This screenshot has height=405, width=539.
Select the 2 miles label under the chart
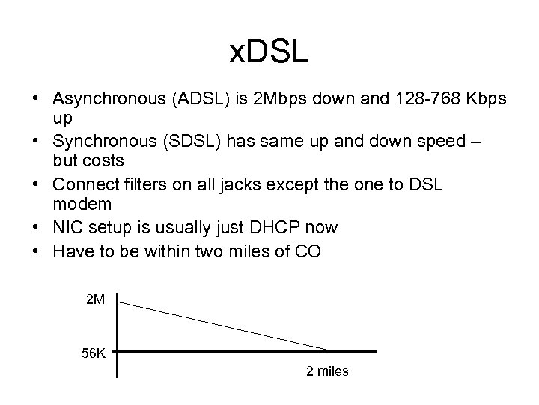tap(327, 371)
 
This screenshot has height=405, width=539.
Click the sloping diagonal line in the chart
tap(225, 326)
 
